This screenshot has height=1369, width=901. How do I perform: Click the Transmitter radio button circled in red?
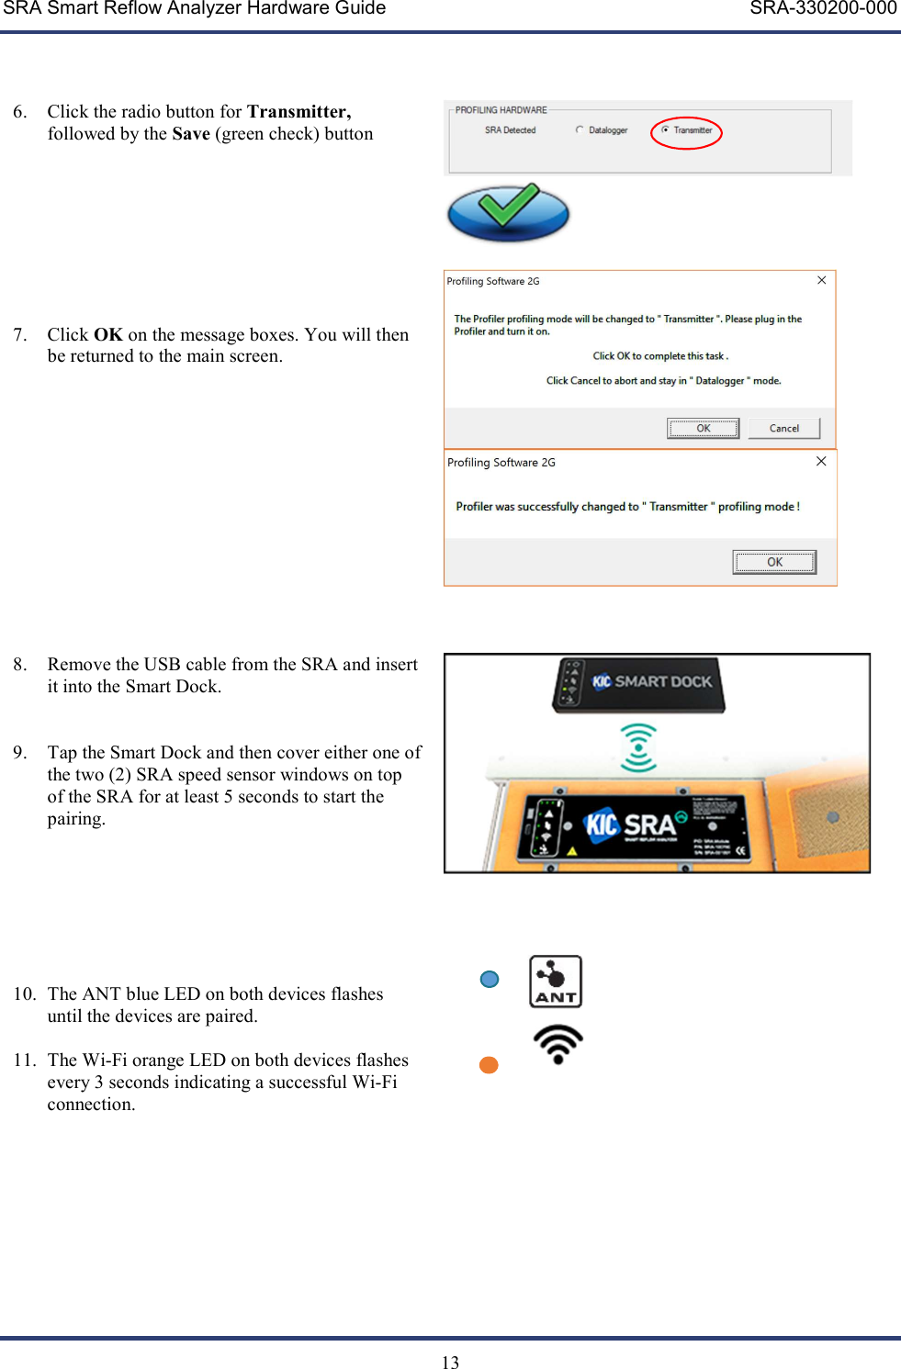665,130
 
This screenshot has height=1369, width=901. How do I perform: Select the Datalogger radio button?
580,130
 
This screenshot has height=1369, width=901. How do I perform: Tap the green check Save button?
508,212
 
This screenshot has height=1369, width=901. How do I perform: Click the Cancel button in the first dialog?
783,428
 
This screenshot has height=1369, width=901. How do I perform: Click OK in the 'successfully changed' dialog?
774,562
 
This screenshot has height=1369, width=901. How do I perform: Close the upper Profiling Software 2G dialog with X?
821,280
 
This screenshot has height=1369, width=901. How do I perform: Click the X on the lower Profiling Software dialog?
821,461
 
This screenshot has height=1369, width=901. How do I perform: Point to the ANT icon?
556,982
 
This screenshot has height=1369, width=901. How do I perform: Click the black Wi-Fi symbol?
557,1044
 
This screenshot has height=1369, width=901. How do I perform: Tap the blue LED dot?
490,980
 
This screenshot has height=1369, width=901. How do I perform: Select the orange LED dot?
489,1065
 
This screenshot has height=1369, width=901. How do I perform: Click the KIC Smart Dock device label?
652,682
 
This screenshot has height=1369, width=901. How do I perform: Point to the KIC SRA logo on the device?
635,825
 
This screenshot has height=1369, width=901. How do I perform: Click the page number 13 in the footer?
450,1363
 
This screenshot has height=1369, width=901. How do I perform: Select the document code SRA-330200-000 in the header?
823,9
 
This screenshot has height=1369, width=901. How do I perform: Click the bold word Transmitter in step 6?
298,112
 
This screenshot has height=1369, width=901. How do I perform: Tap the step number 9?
19,753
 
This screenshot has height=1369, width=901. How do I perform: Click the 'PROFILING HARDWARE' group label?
501,110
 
